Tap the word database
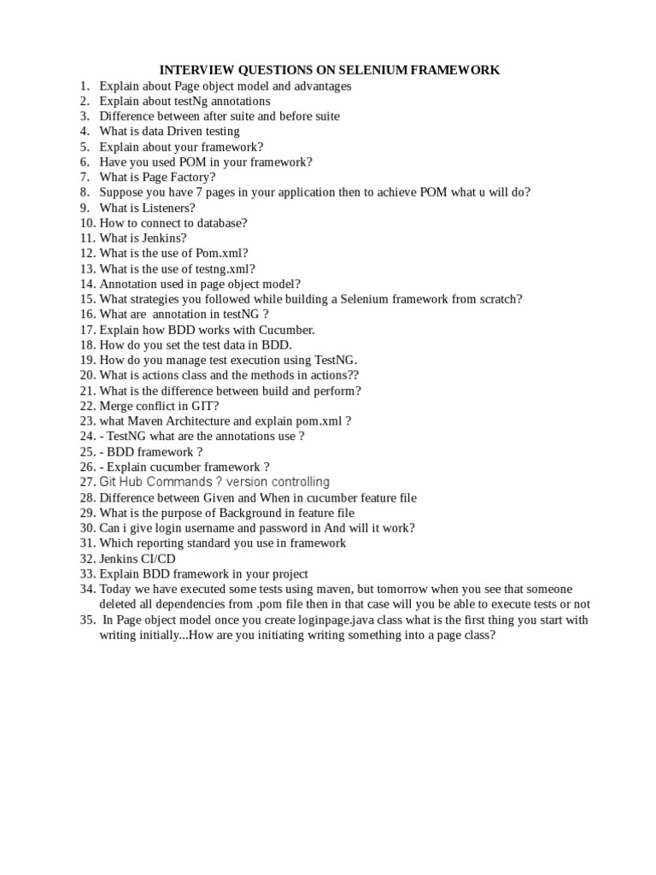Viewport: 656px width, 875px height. coord(219,223)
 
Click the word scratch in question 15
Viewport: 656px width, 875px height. coord(500,299)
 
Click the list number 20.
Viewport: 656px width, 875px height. coord(87,375)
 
